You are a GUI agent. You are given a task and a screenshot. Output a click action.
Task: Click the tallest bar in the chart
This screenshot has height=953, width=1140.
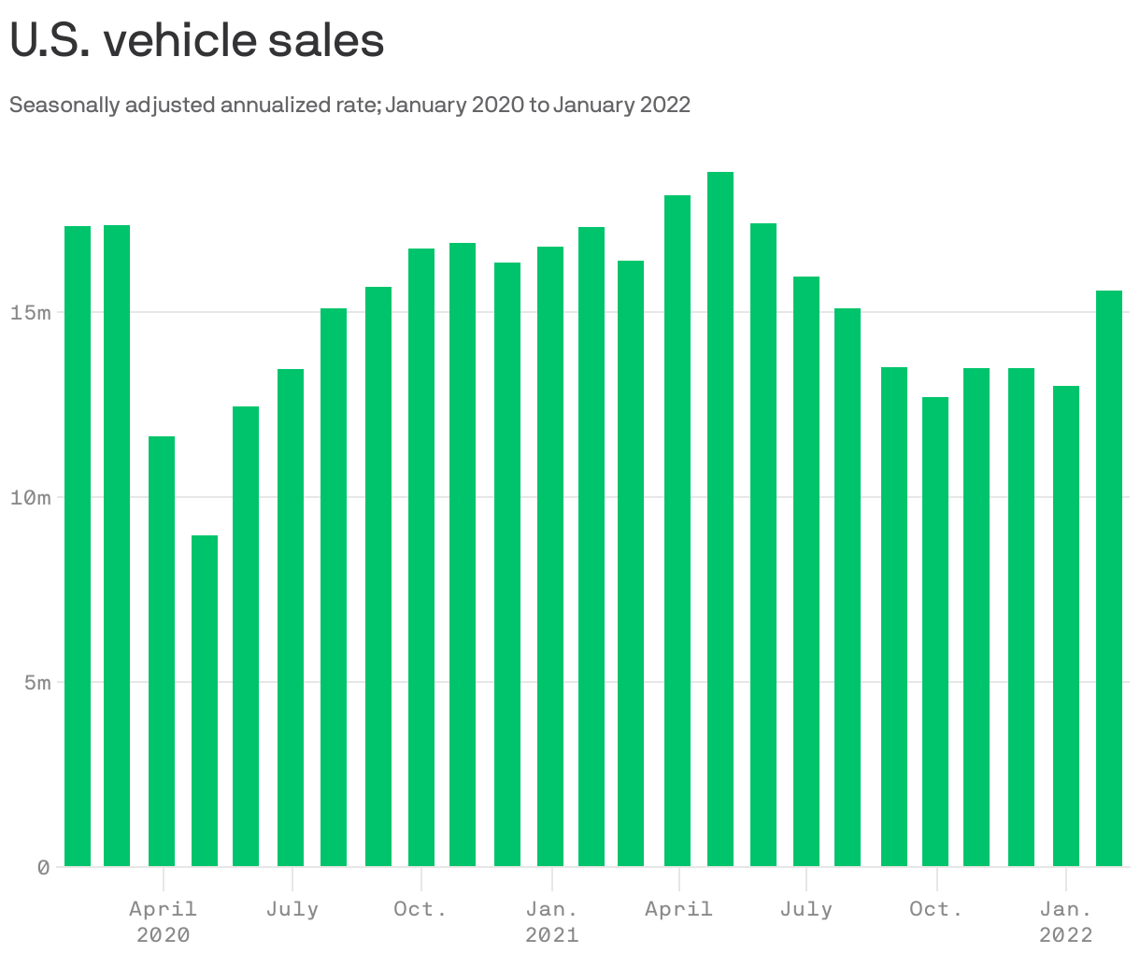tap(720, 519)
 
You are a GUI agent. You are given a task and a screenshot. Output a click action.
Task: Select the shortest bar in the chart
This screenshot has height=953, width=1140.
tap(205, 701)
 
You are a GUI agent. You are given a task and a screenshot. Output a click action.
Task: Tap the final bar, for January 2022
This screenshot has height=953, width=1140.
tap(1109, 579)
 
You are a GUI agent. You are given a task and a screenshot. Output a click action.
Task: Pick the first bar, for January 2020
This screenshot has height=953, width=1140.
tap(78, 547)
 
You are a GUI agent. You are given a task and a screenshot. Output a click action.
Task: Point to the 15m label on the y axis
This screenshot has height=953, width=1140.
tap(31, 312)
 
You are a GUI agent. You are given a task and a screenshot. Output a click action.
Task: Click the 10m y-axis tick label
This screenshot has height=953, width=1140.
tap(31, 497)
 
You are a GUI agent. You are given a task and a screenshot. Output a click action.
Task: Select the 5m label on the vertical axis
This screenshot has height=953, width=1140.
tap(37, 682)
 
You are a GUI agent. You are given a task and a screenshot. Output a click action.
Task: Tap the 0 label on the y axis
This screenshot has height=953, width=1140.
tap(44, 867)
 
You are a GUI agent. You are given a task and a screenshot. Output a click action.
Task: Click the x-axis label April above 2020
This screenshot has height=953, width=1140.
tap(163, 909)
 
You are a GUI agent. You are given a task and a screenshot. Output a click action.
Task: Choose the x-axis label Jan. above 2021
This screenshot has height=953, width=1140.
tap(552, 909)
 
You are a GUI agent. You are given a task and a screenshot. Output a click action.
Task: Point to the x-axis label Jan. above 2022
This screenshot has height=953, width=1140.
tap(1066, 909)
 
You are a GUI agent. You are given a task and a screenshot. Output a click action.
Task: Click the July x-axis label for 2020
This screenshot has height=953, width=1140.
tap(292, 909)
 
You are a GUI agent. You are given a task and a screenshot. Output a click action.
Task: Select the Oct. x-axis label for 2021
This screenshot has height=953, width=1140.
tap(936, 909)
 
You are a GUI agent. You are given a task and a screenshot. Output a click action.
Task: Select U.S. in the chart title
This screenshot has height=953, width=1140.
tap(50, 41)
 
